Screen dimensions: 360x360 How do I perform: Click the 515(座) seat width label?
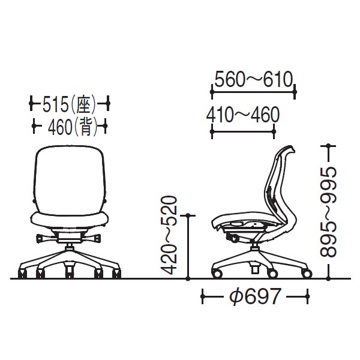point(69,104)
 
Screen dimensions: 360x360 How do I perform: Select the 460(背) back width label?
point(73,127)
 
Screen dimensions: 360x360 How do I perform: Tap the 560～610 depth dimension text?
point(253,79)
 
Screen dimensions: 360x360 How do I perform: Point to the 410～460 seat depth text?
point(243,115)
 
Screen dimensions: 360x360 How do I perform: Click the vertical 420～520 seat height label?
point(169,235)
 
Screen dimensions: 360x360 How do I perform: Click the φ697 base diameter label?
point(255,296)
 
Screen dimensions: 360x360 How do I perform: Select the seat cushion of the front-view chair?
point(69,220)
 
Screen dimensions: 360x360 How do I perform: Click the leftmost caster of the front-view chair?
point(22,274)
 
